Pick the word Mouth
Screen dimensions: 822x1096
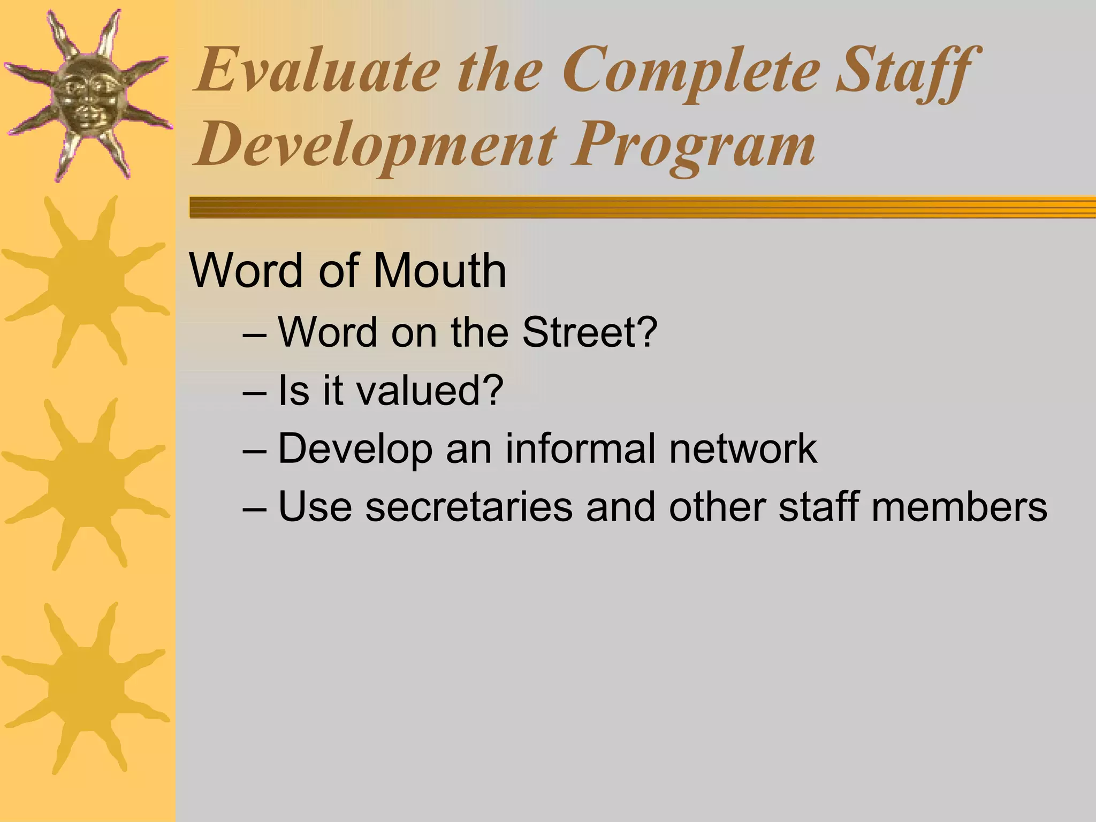(x=439, y=270)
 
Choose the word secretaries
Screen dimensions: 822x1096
(x=469, y=506)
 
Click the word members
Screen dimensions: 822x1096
(x=958, y=506)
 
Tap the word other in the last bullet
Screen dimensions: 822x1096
(x=717, y=506)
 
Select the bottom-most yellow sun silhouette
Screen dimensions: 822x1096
(x=86, y=688)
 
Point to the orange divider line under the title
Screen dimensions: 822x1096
(x=642, y=207)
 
